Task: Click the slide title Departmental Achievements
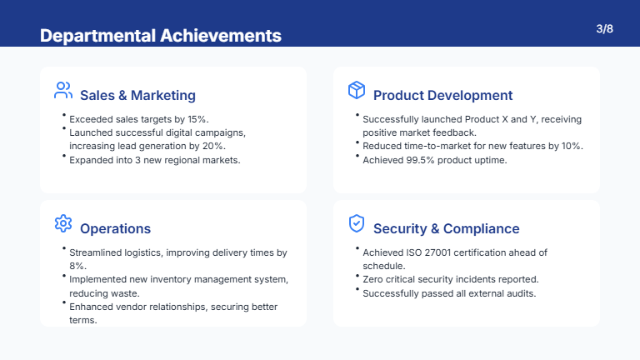click(161, 35)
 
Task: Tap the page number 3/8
click(605, 29)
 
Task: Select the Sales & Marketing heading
click(137, 95)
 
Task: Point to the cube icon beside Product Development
click(357, 90)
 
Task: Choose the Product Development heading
click(442, 95)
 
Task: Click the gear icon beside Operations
click(63, 223)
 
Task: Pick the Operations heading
click(115, 228)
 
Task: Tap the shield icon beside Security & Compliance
click(357, 223)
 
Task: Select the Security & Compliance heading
click(446, 228)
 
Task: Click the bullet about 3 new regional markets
click(154, 159)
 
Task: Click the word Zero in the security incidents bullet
click(374, 279)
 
